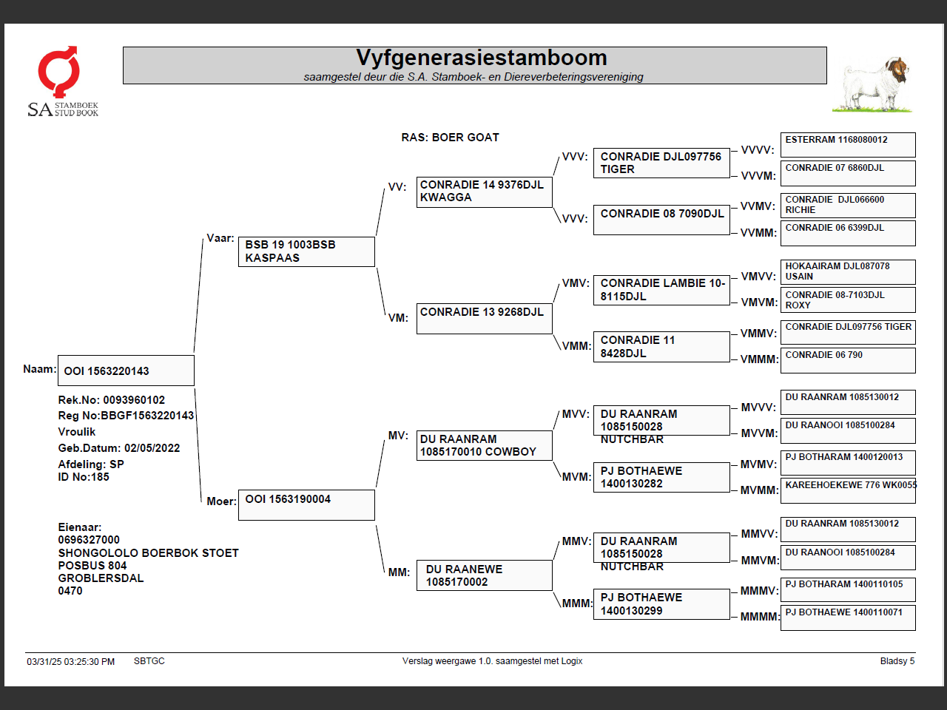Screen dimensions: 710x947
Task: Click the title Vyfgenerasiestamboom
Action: point(481,58)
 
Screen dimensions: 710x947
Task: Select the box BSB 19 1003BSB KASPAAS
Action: point(306,251)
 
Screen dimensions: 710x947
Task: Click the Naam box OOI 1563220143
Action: point(126,371)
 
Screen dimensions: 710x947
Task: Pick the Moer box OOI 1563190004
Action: point(306,504)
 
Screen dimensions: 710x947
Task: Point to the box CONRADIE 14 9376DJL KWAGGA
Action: point(484,192)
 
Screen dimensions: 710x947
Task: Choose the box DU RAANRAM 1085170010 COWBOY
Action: point(484,445)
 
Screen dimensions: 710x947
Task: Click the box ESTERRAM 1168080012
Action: point(848,144)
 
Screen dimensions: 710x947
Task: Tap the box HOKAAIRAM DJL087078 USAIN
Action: point(848,271)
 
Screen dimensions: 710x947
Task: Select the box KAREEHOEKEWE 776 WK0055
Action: point(848,490)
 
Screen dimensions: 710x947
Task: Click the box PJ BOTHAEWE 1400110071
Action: point(848,617)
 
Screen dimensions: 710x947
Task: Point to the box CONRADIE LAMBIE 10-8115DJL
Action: point(661,290)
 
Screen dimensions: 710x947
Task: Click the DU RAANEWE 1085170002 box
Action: point(484,575)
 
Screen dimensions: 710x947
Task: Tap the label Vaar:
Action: point(220,238)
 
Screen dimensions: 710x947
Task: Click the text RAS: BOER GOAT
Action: point(450,138)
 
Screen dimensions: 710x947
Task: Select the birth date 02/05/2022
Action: point(152,448)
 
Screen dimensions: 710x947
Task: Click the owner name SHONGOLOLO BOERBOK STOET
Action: point(148,553)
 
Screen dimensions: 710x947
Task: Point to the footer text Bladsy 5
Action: point(897,661)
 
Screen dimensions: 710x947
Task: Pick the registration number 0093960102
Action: point(134,400)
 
